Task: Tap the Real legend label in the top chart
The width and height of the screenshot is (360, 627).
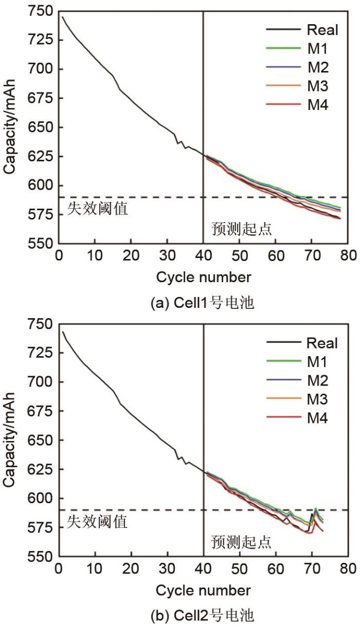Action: pyautogui.click(x=322, y=30)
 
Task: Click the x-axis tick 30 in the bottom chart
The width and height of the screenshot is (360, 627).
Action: pyautogui.click(x=167, y=569)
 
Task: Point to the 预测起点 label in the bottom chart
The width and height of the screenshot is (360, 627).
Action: pyautogui.click(x=241, y=541)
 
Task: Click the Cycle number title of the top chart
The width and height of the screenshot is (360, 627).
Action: pyautogui.click(x=204, y=278)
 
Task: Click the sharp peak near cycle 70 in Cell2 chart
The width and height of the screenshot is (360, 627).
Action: pyautogui.click(x=315, y=508)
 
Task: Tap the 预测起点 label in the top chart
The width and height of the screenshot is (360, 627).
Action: pyautogui.click(x=241, y=229)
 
